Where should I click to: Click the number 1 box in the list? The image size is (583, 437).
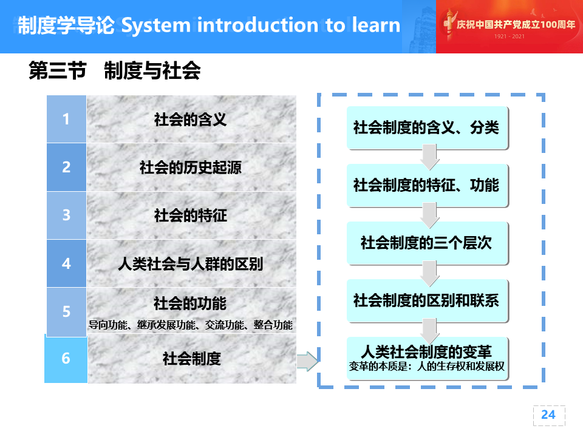tap(67, 119)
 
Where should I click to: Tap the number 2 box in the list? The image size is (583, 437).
tap(67, 168)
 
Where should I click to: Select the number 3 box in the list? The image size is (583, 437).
tap(67, 215)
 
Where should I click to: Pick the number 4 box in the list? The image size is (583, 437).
tap(67, 263)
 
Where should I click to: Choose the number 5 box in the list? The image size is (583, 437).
tap(67, 312)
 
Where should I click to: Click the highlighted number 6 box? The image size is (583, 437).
tap(66, 358)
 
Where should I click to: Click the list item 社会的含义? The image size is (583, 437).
tap(190, 120)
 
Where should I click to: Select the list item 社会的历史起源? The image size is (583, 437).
tap(190, 168)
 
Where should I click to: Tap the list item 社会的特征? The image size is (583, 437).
tap(190, 215)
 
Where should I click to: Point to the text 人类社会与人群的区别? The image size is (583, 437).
tap(190, 264)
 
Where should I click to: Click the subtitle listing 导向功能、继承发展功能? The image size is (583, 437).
tap(190, 325)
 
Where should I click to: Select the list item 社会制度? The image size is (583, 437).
tap(192, 359)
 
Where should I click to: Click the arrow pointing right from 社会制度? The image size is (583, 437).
tap(307, 361)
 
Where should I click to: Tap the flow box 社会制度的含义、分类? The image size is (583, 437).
tap(427, 128)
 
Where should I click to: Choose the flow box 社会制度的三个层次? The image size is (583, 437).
tap(427, 243)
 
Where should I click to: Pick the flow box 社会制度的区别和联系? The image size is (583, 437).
tap(427, 300)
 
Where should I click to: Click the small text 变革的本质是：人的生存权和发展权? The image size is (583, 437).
tap(426, 367)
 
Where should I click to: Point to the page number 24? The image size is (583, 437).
tap(548, 415)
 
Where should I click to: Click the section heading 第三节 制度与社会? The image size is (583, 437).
tap(115, 70)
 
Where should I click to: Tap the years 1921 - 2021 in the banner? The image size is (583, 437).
tap(509, 36)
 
